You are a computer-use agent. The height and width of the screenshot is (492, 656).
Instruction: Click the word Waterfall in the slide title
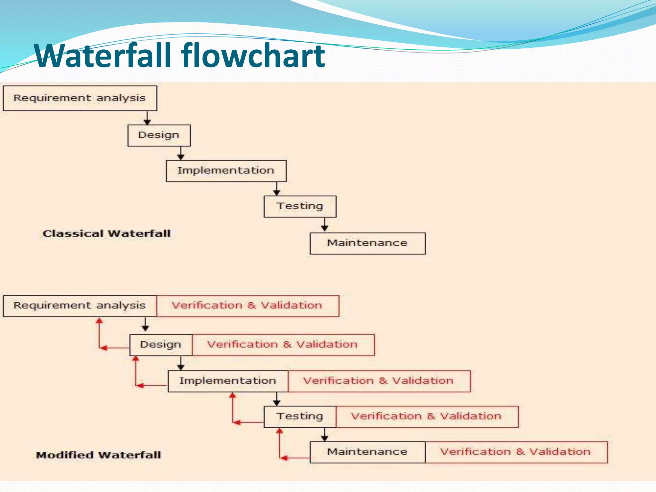click(102, 56)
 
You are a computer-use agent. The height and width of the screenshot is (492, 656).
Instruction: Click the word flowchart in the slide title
click(253, 56)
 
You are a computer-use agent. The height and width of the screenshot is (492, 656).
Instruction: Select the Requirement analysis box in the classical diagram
click(80, 98)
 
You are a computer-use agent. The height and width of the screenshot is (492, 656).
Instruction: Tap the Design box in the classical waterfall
click(159, 135)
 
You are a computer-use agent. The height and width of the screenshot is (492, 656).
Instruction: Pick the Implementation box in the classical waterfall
click(226, 171)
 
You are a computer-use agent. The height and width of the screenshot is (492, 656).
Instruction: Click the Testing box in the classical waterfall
click(300, 206)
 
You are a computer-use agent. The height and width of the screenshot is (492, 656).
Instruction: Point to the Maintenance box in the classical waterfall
click(367, 243)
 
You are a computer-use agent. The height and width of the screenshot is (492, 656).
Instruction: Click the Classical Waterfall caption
click(107, 234)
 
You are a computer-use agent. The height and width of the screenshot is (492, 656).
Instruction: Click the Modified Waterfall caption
click(98, 455)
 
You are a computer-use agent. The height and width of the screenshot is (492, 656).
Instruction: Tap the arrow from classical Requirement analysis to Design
click(147, 118)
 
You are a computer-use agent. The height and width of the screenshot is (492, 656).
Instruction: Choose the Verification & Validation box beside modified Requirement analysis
click(247, 306)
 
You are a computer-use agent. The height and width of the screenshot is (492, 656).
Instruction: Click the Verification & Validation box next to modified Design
click(283, 345)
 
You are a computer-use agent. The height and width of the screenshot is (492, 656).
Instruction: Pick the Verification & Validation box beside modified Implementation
click(379, 381)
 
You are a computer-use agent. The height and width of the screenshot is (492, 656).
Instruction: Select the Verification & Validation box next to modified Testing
click(427, 416)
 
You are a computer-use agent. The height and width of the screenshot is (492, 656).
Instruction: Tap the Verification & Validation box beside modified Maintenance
click(516, 452)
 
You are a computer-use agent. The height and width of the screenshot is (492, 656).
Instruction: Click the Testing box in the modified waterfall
click(300, 416)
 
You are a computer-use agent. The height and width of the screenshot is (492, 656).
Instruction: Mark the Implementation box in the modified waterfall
click(228, 381)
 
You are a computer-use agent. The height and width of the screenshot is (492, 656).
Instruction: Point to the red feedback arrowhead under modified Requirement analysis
click(100, 321)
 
